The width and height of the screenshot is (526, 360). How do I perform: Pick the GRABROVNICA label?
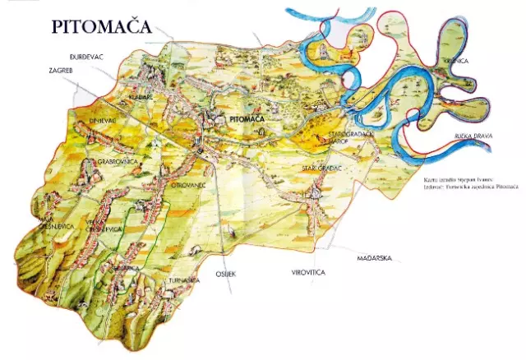click(x=116, y=162)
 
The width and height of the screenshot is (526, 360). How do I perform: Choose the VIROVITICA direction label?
click(x=308, y=271)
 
